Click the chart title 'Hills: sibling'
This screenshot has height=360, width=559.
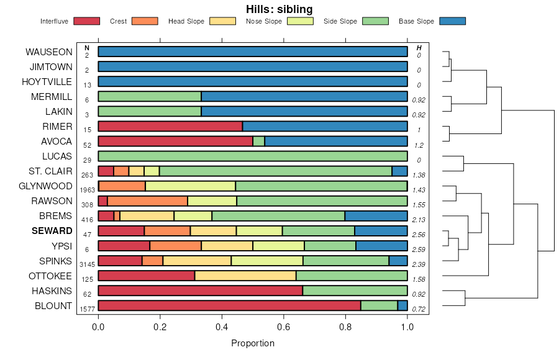tap(279, 9)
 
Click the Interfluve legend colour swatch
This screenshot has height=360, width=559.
tap(86, 21)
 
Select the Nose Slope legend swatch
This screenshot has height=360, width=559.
tap(300, 21)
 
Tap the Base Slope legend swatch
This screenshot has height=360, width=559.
tap(452, 21)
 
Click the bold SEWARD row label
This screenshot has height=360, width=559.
tap(52, 231)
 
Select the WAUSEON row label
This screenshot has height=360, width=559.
tap(48, 52)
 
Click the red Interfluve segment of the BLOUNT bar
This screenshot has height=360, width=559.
tap(229, 305)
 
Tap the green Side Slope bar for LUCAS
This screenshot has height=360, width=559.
tap(253, 156)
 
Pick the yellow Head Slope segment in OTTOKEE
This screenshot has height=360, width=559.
tap(245, 276)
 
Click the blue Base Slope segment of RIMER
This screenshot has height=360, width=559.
tap(325, 126)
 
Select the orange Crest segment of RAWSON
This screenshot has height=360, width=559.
tap(147, 200)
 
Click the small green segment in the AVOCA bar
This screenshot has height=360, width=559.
tap(258, 141)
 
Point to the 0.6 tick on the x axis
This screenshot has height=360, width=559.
tap(284, 326)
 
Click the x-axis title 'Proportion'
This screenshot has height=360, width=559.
tap(253, 343)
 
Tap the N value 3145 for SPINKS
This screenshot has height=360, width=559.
tap(87, 264)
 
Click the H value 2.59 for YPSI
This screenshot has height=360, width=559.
tap(419, 250)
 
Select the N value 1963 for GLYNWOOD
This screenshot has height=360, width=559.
tap(87, 190)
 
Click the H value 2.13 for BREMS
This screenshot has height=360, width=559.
tap(419, 220)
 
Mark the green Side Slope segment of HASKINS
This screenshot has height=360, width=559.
tap(355, 290)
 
